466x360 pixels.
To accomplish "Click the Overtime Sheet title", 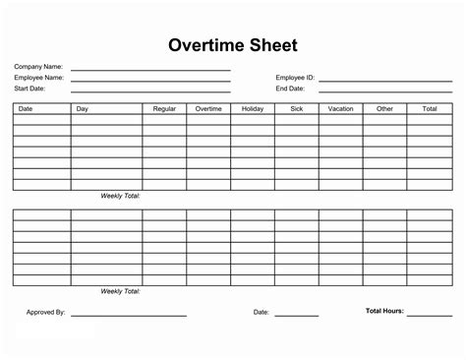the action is (x=233, y=45).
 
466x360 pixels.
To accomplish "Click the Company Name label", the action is (x=36, y=67).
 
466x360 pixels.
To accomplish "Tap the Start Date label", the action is (x=30, y=89).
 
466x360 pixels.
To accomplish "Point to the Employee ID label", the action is (x=294, y=78).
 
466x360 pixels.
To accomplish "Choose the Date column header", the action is (x=27, y=108).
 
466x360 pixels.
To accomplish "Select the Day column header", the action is (x=83, y=108).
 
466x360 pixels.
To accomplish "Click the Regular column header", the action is (x=165, y=108).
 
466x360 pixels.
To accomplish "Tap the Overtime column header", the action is (x=208, y=108).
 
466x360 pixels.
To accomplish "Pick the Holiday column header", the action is (x=253, y=108).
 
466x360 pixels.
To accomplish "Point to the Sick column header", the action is (x=297, y=108).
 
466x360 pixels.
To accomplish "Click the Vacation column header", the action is (x=341, y=108).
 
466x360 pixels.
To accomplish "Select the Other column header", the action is (x=384, y=108).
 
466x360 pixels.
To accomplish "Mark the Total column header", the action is (x=430, y=108).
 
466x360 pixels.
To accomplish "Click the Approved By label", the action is (x=45, y=313).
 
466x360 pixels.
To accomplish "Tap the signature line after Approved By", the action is (x=129, y=316).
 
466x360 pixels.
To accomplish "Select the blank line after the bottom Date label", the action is (x=296, y=316).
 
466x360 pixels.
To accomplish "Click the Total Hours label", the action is (x=383, y=312).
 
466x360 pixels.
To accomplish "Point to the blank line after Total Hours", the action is (x=430, y=316).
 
